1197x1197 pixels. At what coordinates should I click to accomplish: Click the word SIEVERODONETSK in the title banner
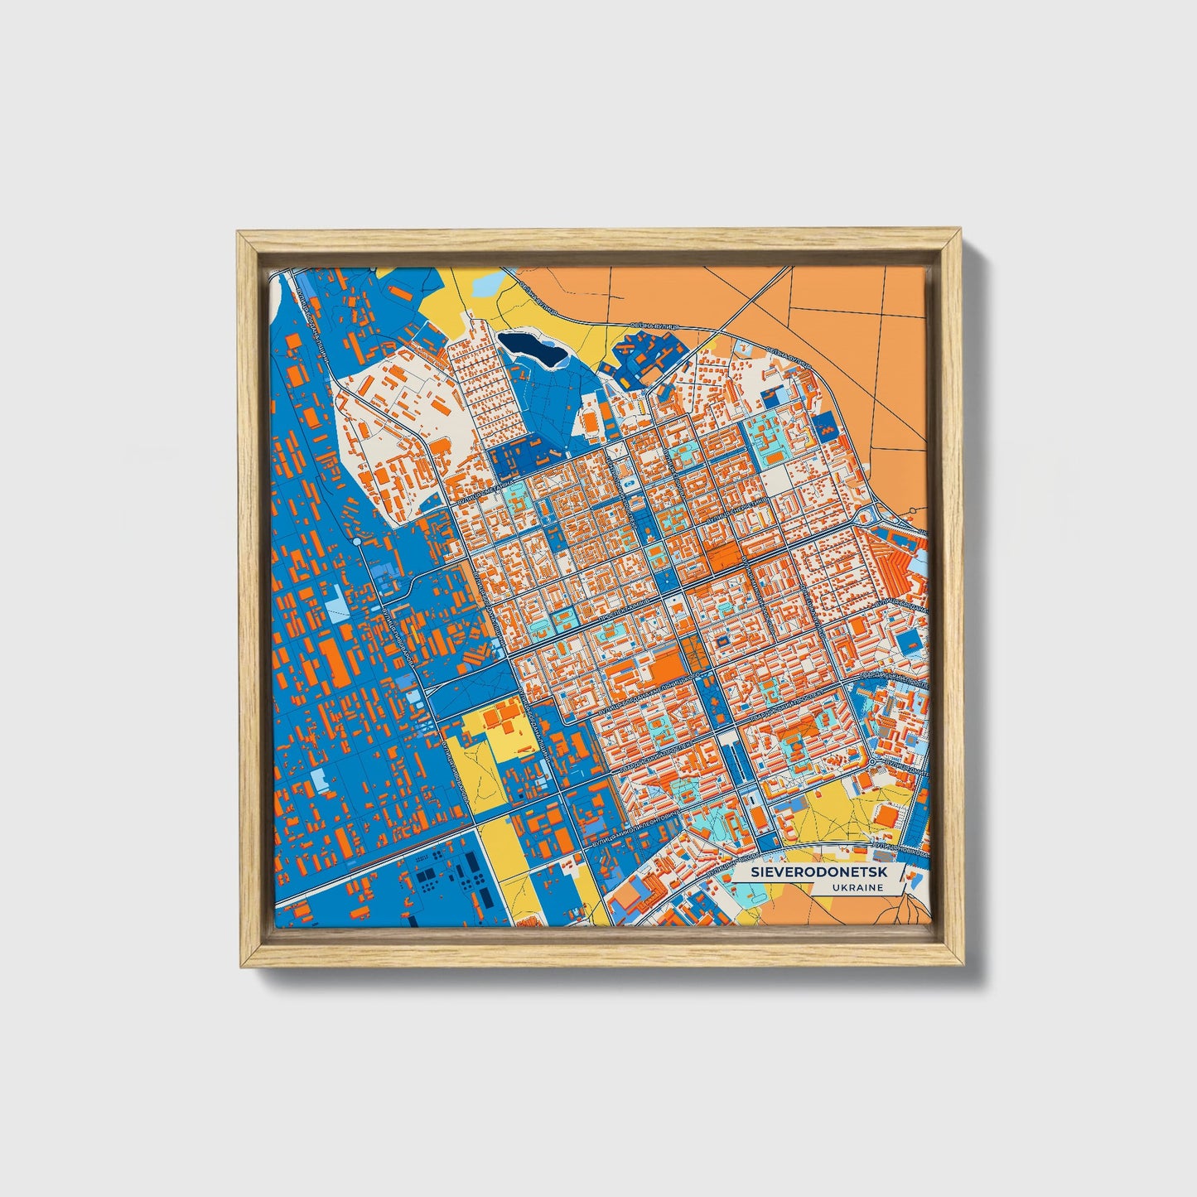pos(814,873)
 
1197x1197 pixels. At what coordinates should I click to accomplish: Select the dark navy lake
pos(533,347)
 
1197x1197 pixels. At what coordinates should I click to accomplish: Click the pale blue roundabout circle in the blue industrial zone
pos(356,541)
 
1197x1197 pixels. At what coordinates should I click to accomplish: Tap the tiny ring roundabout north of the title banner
pos(871,761)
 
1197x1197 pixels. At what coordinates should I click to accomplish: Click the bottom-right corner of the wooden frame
pos(963,966)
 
